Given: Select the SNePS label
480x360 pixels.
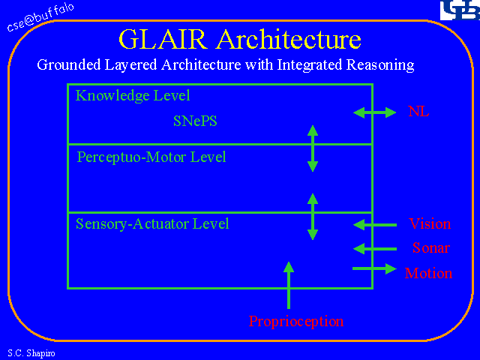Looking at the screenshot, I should pos(195,120).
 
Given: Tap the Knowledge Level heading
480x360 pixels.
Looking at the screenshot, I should pos(133,96).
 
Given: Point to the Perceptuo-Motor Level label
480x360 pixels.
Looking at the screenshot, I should pos(151,157).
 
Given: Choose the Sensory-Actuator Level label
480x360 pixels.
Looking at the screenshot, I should pos(152,223).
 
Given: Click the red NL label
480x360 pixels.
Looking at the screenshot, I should pos(418,112).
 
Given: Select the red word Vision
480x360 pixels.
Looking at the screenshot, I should pos(430,224).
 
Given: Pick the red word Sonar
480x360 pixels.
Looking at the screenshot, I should pos(430,248).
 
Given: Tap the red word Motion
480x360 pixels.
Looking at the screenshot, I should pos(428,274).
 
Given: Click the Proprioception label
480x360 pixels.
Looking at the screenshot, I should pos(296,322).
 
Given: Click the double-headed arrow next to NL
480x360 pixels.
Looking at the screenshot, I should pos(374,112).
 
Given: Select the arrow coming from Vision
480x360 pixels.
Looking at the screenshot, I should pos(374,224).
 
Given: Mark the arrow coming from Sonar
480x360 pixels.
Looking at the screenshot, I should pos(374,248).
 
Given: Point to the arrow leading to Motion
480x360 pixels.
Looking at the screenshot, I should pos(374,268).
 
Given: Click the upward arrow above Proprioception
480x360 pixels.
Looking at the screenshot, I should pos(289,285).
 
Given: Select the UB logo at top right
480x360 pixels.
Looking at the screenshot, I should pos(457,10).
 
